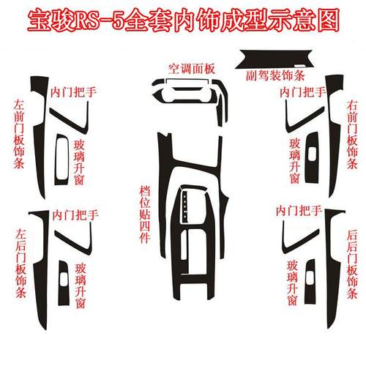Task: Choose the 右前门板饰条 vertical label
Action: (352, 132)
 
